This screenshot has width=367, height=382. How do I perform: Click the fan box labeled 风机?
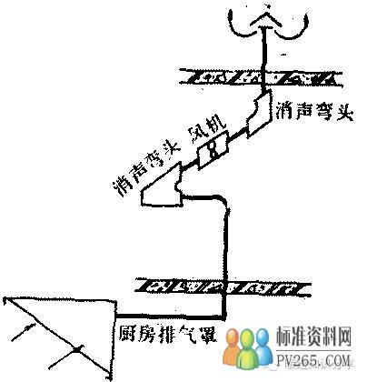[x=213, y=150]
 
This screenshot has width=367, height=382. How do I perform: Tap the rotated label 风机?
[x=207, y=129]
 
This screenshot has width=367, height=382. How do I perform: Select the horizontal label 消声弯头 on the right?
[x=314, y=111]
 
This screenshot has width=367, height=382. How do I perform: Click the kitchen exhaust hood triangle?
[x=61, y=337]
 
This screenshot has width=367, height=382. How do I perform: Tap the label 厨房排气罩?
[x=167, y=334]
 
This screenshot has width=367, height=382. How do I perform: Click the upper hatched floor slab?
[x=261, y=77]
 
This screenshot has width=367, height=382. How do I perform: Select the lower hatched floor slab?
[x=223, y=286]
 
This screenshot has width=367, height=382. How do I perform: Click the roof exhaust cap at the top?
[x=268, y=24]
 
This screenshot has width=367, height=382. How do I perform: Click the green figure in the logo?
[x=248, y=349]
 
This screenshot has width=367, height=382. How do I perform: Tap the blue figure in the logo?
[x=263, y=347]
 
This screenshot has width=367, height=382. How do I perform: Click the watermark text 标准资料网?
[x=314, y=337]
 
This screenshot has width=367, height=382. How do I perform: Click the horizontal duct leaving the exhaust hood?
[x=171, y=317]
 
